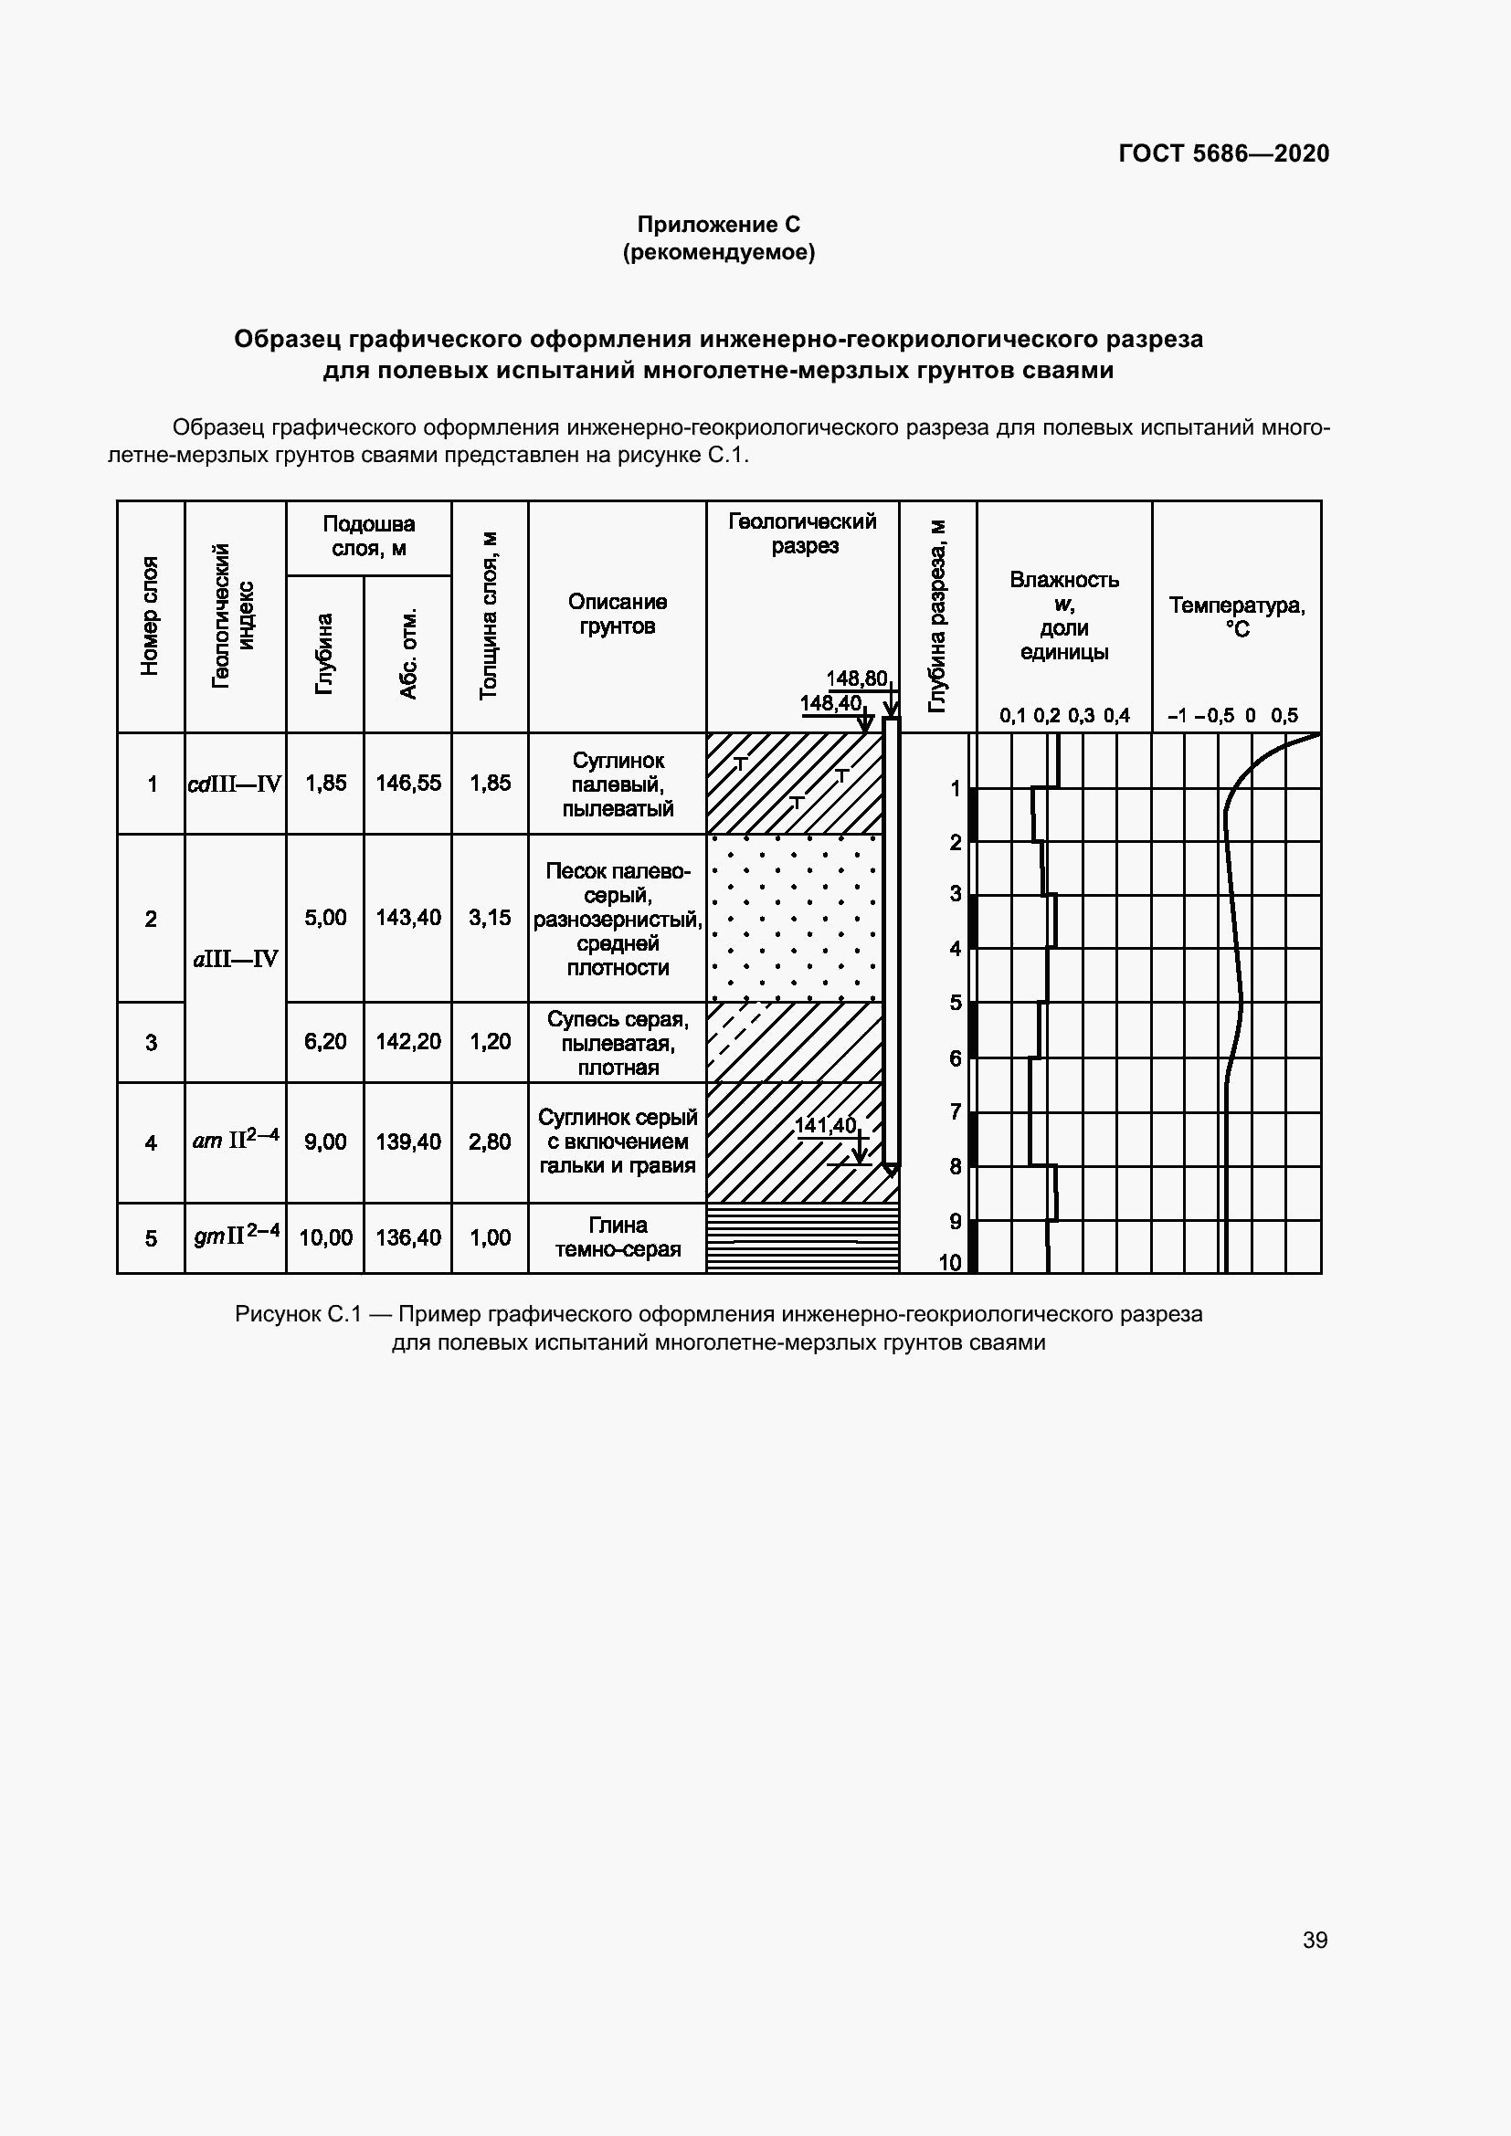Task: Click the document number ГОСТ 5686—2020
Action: click(1223, 153)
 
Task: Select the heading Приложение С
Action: click(718, 225)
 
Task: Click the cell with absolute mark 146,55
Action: click(407, 784)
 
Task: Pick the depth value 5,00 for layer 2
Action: click(324, 917)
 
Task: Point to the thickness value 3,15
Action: click(490, 917)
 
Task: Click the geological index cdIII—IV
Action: click(235, 784)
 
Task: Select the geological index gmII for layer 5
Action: click(236, 1236)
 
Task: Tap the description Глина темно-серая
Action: click(618, 1237)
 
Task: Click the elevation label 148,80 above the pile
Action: click(856, 679)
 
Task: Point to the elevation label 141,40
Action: click(824, 1126)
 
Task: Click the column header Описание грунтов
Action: click(617, 614)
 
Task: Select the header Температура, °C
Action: click(1237, 616)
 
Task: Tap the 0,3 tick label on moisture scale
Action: click(1080, 715)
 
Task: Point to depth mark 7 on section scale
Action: click(955, 1111)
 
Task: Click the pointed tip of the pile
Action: click(891, 1172)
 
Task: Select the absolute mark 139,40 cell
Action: click(407, 1142)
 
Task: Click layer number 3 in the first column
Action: click(151, 1042)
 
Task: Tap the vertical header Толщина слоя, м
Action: click(490, 615)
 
